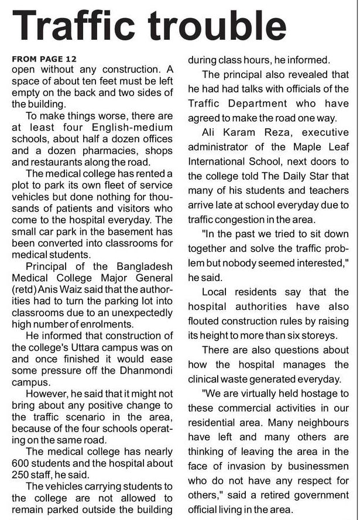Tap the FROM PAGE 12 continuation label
(44, 60)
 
